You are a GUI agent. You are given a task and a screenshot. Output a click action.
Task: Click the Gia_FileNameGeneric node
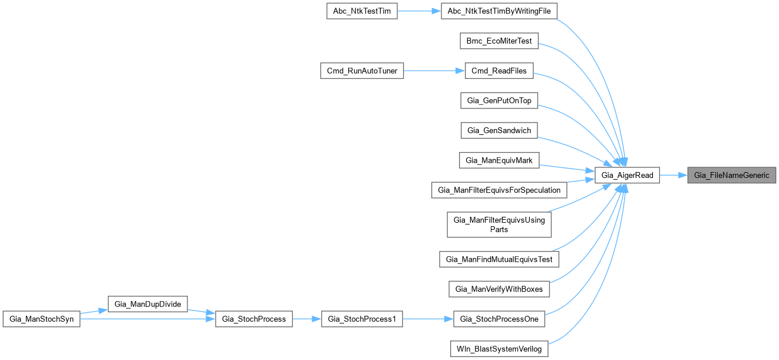tap(732, 175)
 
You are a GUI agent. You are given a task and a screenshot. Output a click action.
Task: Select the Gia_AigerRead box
tap(628, 175)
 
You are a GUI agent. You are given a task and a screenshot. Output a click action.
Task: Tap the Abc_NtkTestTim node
tap(362, 11)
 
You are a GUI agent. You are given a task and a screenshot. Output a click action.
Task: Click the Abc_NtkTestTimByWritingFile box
tap(499, 11)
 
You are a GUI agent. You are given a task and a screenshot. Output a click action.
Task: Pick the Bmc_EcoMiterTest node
tap(499, 41)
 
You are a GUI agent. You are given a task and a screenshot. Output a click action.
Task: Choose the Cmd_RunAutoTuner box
tap(362, 71)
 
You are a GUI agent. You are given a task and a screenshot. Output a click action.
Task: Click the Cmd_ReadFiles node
tap(499, 71)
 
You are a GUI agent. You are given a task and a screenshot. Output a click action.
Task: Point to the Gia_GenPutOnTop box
tap(499, 101)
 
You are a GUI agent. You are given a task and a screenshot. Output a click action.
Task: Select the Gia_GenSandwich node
tap(499, 130)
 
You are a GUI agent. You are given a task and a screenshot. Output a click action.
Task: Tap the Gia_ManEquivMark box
tap(499, 160)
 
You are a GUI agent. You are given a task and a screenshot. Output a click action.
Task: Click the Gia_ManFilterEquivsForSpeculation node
tap(499, 190)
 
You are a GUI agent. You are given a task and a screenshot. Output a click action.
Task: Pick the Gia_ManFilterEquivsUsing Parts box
tap(499, 224)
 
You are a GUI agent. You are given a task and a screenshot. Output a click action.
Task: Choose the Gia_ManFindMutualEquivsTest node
tap(499, 259)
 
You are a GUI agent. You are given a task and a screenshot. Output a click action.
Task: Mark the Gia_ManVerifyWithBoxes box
tap(499, 289)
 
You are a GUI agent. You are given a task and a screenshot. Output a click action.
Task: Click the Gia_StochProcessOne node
tap(499, 319)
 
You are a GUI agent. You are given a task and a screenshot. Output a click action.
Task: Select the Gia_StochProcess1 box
tap(362, 319)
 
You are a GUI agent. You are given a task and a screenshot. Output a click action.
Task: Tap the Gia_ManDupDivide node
tap(147, 304)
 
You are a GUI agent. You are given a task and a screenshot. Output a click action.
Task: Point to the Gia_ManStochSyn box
tap(41, 319)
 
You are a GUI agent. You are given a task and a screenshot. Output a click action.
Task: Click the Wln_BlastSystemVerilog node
tap(499, 348)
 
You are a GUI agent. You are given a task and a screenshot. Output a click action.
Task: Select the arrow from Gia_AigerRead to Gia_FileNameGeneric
tap(674, 175)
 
